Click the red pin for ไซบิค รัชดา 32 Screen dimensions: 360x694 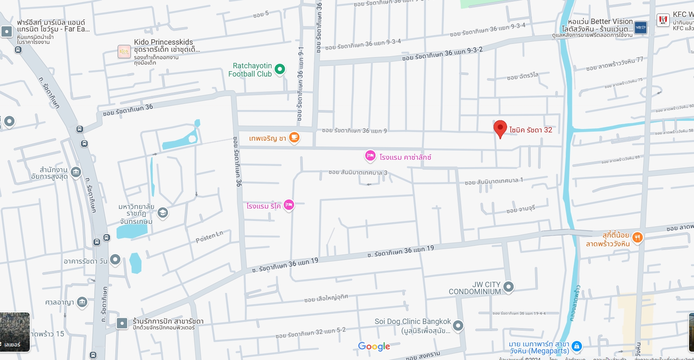tap(500, 128)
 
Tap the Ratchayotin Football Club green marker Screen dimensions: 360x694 tap(280, 69)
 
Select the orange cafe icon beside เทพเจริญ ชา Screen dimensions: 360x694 tap(294, 137)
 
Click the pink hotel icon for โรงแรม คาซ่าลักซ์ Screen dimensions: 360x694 tap(370, 156)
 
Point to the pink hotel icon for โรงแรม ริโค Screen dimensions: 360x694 tap(289, 204)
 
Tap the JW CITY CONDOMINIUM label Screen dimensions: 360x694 tap(475, 288)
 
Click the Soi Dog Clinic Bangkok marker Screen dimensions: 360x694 tap(458, 326)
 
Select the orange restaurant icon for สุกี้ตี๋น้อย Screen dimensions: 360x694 tap(637, 238)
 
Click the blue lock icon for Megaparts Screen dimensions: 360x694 tap(577, 346)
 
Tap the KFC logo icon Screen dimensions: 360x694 tap(663, 20)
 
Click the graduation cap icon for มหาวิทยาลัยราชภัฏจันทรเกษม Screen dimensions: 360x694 tap(163, 213)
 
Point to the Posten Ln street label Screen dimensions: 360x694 tap(209, 237)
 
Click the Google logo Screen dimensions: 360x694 tap(374, 346)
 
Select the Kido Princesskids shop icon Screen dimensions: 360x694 tap(124, 51)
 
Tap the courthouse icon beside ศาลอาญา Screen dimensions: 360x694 tap(82, 302)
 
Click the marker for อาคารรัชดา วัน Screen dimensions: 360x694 tap(115, 259)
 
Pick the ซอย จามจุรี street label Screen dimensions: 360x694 tap(521, 209)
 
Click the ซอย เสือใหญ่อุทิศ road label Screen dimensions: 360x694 tap(326, 298)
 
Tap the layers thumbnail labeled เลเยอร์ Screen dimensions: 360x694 tap(15, 332)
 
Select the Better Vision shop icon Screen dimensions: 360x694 tap(640, 28)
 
